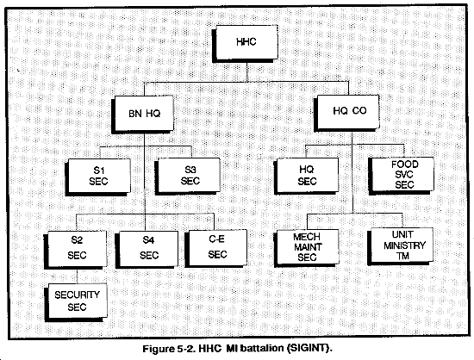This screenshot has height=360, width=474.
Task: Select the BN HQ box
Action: (143, 115)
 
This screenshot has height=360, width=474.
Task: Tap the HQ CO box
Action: (346, 113)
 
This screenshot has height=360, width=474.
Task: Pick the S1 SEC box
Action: (98, 177)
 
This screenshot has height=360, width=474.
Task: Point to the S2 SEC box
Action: (76, 250)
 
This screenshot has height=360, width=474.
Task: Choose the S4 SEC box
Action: (147, 250)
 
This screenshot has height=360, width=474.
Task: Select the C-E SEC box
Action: (215, 249)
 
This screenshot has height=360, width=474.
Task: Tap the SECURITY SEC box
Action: (76, 302)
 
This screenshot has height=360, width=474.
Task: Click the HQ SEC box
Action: (306, 176)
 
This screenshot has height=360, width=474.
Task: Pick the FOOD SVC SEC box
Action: (401, 176)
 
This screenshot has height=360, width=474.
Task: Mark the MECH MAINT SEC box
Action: (307, 248)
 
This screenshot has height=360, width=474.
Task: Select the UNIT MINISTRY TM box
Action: (400, 246)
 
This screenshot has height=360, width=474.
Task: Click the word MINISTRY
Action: (404, 245)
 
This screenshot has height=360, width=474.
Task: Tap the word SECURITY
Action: (77, 295)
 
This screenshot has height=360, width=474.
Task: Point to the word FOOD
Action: (405, 164)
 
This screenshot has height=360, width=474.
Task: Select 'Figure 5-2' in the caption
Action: (169, 349)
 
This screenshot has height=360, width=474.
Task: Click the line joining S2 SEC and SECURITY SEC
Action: (77, 276)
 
